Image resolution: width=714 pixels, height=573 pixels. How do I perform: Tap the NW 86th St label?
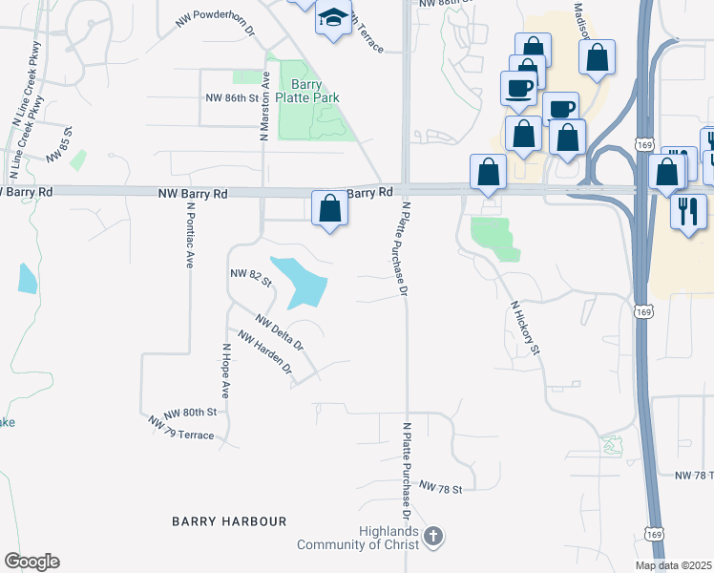[x=233, y=97]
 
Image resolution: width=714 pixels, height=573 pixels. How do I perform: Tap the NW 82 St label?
[x=251, y=278]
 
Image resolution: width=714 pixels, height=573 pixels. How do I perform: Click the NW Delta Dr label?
[x=279, y=331]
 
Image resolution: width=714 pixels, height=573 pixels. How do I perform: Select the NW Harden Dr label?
[x=264, y=351]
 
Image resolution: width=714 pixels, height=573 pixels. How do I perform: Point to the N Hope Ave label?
[x=226, y=371]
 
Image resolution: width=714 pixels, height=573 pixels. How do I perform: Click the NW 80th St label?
[x=191, y=413]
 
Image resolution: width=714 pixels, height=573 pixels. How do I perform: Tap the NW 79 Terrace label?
[x=181, y=428]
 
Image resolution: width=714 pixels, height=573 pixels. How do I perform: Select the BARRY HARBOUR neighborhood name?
[x=229, y=521]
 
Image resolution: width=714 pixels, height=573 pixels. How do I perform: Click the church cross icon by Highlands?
[x=433, y=537]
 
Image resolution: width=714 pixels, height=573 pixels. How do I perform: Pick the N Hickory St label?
[x=525, y=329]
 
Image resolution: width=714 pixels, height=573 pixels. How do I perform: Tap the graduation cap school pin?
[x=333, y=18]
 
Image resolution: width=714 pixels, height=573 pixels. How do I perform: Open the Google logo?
[x=31, y=562]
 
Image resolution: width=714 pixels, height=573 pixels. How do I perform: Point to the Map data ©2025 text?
[x=672, y=565]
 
